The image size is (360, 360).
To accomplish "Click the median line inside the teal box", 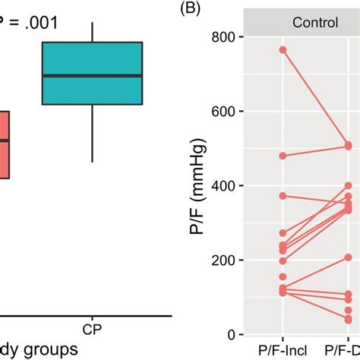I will coord(92,75).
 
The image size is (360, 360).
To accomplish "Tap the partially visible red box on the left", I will coord(5,144).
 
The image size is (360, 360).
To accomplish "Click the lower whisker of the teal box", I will coord(92,133).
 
